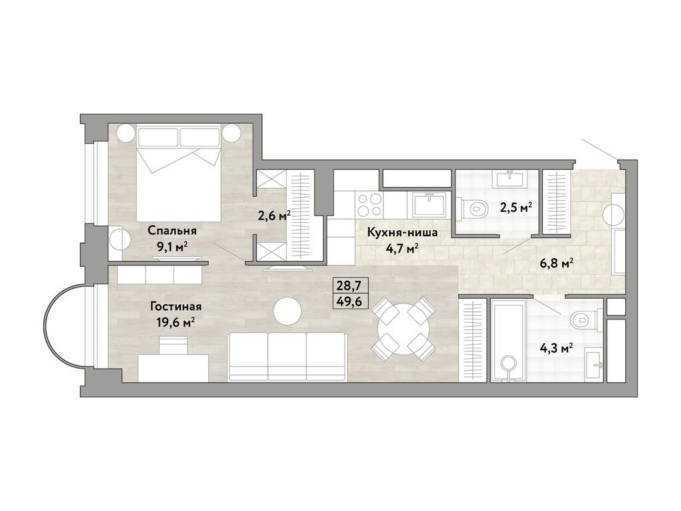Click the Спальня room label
click(172, 231)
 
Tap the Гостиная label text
click(176, 307)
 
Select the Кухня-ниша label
click(402, 233)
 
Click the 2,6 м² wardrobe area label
click(274, 216)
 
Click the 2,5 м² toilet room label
click(516, 208)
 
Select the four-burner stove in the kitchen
click(369, 205)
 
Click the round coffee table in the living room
click(287, 310)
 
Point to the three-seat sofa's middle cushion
click(287, 357)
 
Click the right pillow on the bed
click(199, 136)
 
